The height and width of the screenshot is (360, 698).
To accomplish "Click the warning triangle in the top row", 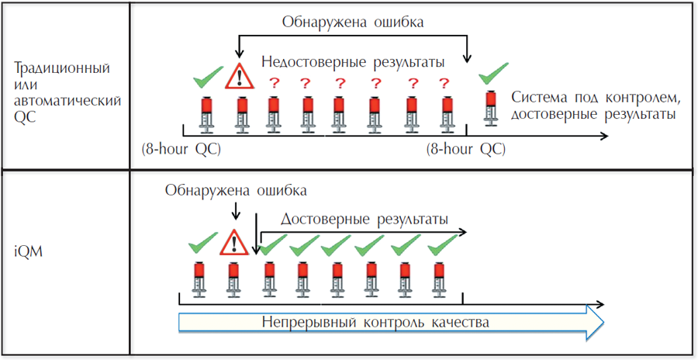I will (240, 77).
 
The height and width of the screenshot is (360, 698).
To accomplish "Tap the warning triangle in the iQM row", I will (230, 244).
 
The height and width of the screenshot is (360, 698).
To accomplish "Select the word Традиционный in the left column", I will (62, 68).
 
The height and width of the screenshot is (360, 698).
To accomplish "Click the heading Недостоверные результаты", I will (353, 61).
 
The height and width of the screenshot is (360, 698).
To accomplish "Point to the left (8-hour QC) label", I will (181, 148).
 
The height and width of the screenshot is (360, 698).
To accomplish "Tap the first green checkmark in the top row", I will (207, 78).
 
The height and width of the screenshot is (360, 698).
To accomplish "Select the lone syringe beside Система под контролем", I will (491, 107).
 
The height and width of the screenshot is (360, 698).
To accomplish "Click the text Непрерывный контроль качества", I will (375, 321).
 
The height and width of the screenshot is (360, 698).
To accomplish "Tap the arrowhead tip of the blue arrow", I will (603, 321).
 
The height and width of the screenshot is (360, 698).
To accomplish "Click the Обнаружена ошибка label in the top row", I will (352, 22).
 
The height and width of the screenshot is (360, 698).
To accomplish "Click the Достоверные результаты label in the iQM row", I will (364, 220).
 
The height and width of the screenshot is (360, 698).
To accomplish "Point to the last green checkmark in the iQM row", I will (438, 247).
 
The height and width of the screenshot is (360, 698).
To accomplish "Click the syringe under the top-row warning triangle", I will (241, 113).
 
